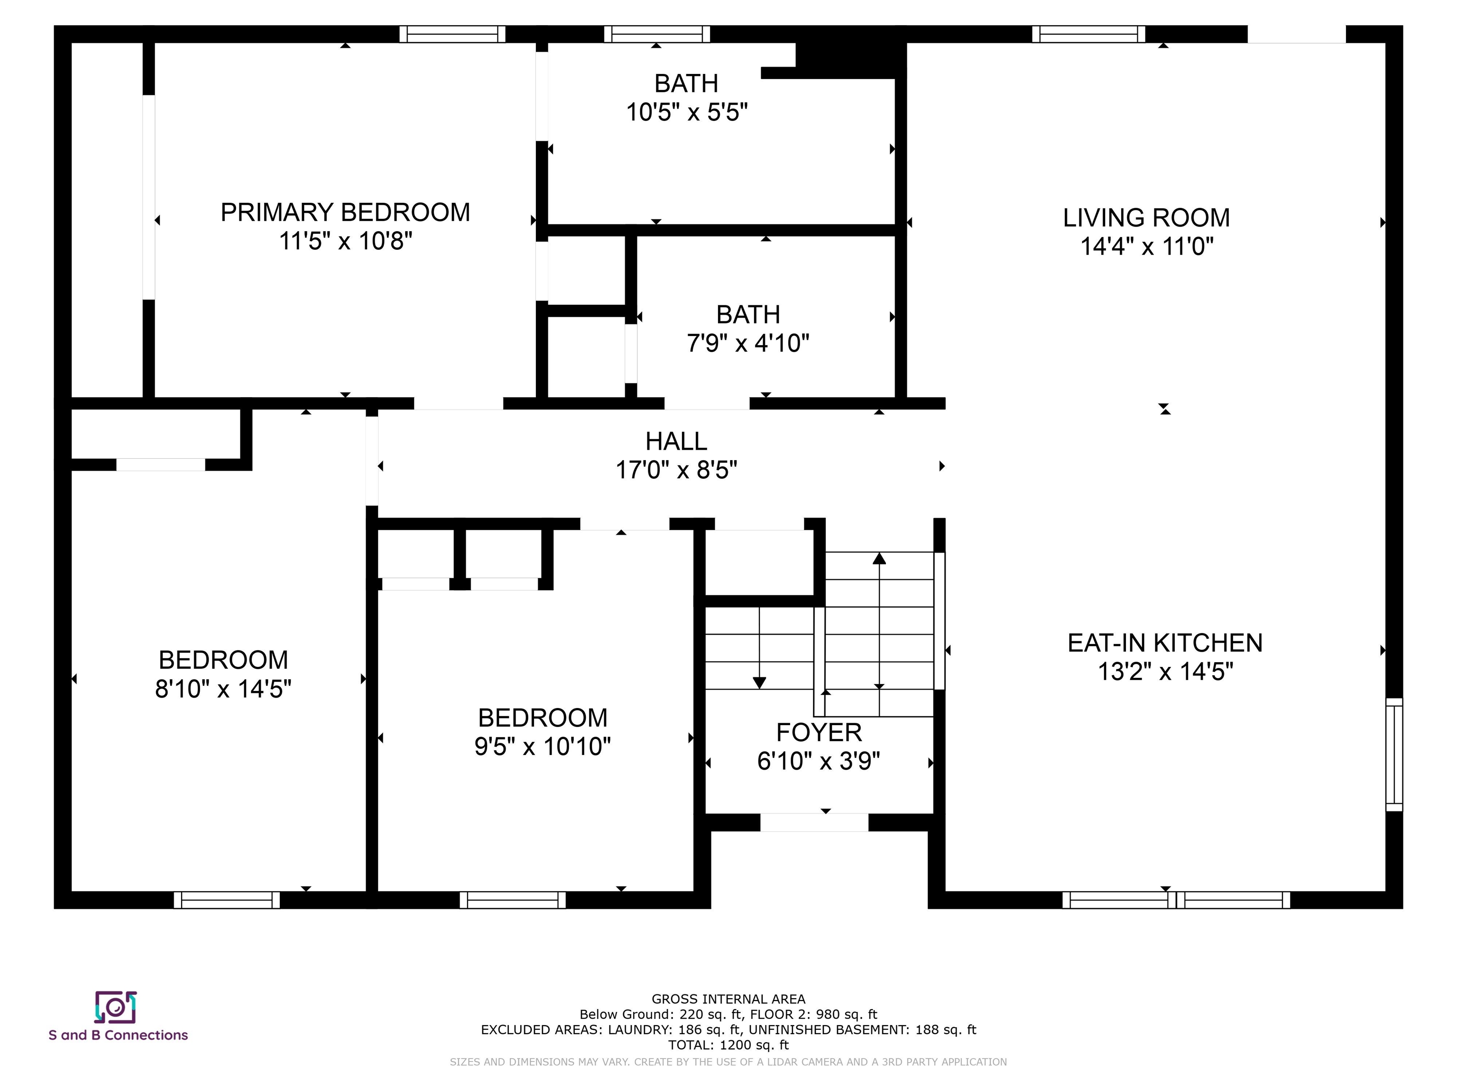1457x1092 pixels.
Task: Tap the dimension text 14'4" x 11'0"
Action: point(1147,246)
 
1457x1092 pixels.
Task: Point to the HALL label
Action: point(676,441)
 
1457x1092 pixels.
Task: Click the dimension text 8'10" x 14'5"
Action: point(223,689)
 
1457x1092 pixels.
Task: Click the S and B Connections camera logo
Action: point(116,1007)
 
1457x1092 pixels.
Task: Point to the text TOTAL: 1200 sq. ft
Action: point(728,1045)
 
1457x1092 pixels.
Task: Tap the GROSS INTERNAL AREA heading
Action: point(728,999)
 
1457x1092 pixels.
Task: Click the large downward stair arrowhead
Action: point(759,683)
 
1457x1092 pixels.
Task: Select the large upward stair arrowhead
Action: point(879,558)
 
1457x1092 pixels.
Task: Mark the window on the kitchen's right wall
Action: point(1394,755)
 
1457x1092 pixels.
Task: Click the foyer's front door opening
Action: point(814,822)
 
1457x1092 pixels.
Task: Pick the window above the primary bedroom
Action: point(452,34)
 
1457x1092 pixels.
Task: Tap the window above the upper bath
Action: point(657,34)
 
